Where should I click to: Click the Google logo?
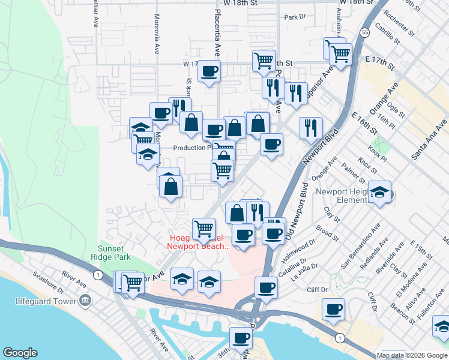[x=20, y=353]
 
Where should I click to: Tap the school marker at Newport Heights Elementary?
[x=379, y=192]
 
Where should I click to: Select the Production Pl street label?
[x=191, y=148]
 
